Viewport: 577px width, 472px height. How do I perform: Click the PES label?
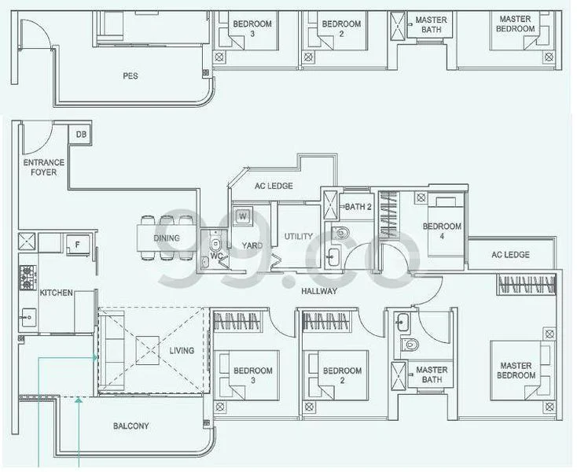[130, 76]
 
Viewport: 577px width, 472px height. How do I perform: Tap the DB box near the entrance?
[81, 135]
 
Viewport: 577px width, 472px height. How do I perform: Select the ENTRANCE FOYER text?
[43, 168]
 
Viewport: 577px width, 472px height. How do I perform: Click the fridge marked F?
[76, 245]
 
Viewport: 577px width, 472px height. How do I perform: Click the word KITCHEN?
[56, 293]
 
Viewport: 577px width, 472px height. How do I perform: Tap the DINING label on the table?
[166, 238]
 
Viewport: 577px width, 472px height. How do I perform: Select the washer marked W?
[243, 216]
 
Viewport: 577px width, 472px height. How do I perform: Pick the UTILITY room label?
[299, 236]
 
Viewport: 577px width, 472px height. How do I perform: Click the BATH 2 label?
[358, 207]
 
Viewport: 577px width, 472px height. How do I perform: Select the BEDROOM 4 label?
[442, 231]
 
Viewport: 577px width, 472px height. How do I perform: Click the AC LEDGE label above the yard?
[274, 186]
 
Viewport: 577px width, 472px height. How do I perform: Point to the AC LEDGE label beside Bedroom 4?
[509, 255]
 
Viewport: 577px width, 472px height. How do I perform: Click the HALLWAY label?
[318, 291]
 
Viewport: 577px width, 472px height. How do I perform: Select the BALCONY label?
[130, 426]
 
